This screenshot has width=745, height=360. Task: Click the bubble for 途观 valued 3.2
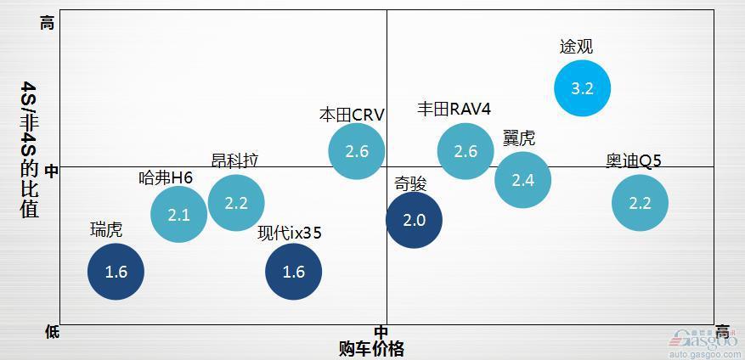point(583,87)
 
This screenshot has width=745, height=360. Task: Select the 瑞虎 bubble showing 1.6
point(116,272)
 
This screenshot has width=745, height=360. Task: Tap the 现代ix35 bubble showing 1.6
point(293,272)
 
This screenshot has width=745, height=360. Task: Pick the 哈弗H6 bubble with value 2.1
point(178,215)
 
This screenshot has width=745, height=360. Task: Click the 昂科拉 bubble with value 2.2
point(236,203)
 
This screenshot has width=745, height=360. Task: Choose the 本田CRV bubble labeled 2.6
point(357,151)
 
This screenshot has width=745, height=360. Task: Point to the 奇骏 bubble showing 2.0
point(414,220)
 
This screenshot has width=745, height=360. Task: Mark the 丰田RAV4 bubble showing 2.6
point(466,151)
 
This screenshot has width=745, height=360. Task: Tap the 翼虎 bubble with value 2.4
point(522,179)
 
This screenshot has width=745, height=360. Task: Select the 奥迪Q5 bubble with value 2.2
point(640,203)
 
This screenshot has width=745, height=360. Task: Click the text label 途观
point(576,47)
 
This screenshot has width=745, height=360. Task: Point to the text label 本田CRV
point(352,114)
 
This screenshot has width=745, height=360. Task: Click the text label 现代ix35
point(290,233)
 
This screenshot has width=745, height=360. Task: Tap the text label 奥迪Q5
point(634,160)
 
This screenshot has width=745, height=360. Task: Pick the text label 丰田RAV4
point(454,109)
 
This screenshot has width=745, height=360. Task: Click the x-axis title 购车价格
point(371,348)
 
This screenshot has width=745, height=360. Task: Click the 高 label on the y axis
point(48,24)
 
